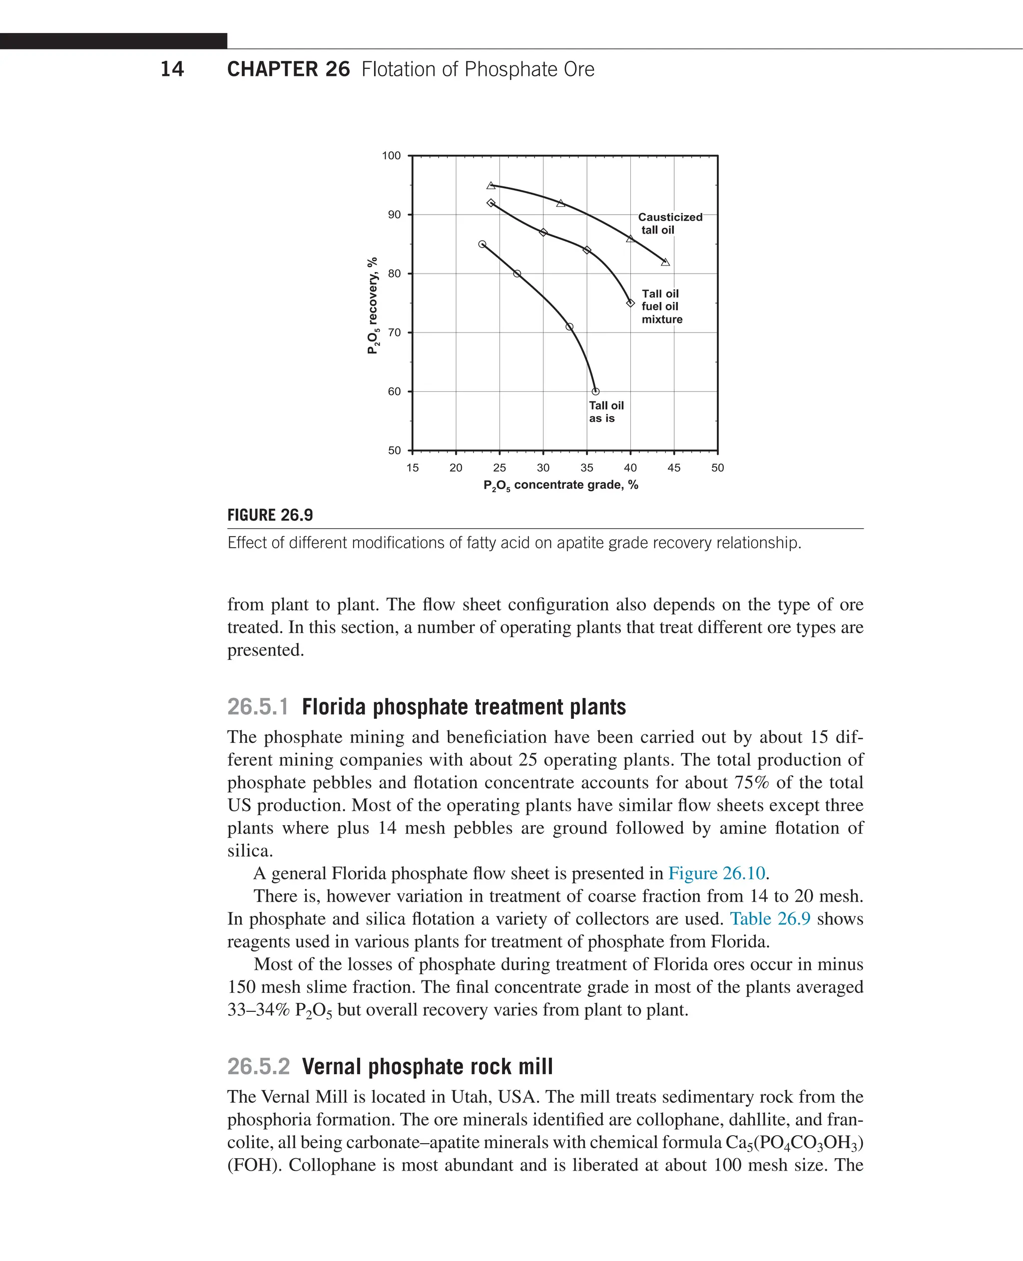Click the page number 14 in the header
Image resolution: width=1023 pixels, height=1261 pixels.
point(171,69)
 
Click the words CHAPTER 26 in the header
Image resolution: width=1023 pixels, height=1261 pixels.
point(288,69)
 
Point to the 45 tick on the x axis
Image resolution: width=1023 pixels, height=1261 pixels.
point(673,468)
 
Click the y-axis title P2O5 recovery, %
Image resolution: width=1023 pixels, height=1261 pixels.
point(372,305)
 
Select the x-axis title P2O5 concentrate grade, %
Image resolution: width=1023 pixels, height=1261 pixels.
point(560,485)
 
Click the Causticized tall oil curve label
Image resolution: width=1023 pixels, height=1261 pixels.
point(669,223)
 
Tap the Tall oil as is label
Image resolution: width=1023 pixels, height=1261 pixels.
point(606,412)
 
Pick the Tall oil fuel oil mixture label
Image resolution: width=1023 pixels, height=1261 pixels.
point(661,307)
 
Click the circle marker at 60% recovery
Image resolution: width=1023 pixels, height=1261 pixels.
point(595,391)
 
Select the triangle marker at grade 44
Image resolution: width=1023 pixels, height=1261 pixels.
point(665,262)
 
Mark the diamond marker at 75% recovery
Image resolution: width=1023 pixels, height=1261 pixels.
point(630,303)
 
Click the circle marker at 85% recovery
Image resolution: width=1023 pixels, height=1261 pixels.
point(482,244)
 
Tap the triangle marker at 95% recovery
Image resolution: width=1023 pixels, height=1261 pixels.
point(491,186)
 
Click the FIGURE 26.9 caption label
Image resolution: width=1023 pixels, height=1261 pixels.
point(270,515)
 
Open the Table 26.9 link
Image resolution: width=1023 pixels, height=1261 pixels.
point(770,919)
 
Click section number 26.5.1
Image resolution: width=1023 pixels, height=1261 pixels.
point(258,707)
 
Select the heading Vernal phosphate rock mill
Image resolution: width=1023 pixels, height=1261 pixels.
point(427,1067)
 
